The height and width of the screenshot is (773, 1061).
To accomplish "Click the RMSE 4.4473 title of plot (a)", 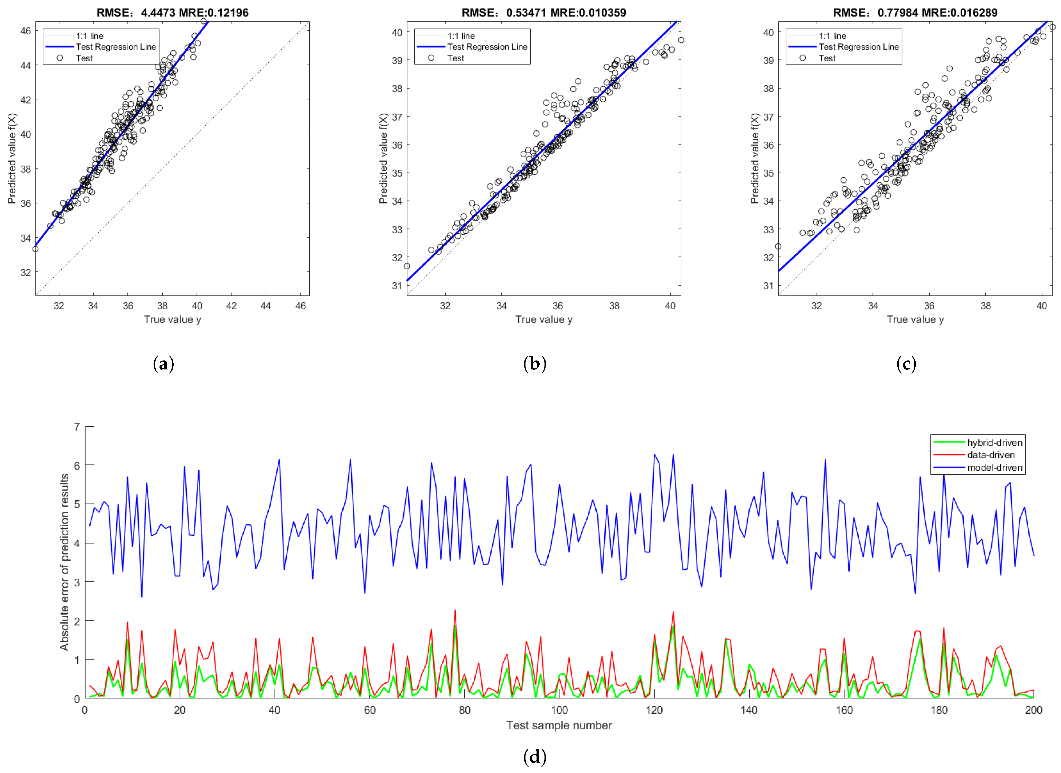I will click(172, 13).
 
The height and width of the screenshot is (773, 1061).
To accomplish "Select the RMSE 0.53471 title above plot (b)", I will click(543, 13).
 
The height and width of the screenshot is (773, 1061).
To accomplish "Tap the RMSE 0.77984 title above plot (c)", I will click(915, 13).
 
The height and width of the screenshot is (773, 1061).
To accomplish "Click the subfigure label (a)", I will click(163, 364).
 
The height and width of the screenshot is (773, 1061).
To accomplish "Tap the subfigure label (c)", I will click(906, 364).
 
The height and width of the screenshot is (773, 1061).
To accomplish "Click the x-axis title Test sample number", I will click(559, 725).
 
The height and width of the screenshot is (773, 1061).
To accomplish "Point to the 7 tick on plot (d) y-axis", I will click(77, 427).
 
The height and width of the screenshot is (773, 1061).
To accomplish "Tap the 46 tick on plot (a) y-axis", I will click(26, 31).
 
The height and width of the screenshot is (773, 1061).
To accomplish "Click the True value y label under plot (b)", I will click(543, 320).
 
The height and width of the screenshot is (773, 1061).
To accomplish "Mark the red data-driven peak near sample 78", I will click(455, 611).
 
